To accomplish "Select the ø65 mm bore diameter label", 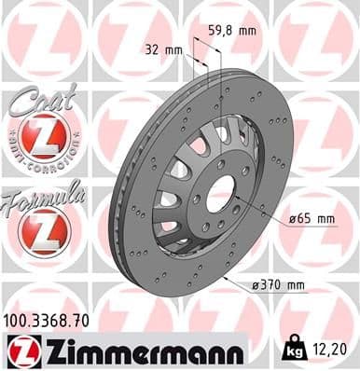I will click(x=311, y=218).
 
